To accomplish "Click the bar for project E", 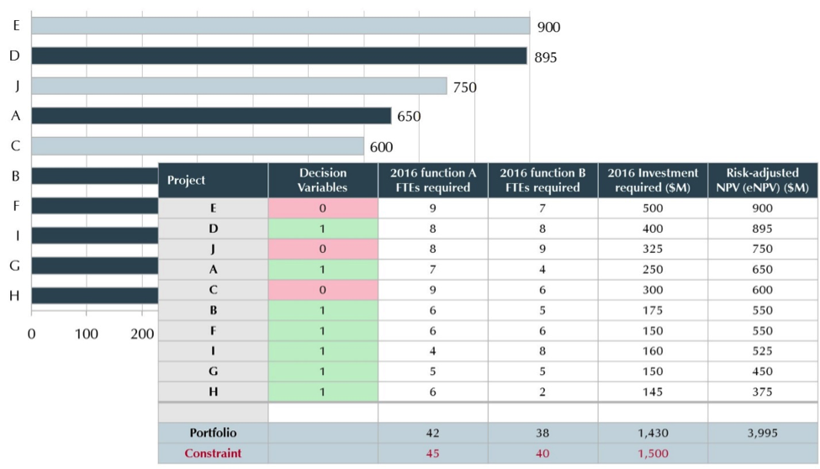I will click(x=280, y=26).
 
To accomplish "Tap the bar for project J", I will click(x=239, y=87).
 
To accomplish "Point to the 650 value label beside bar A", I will click(x=409, y=116).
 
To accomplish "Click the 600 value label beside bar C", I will click(x=381, y=147).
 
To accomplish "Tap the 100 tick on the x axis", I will click(x=87, y=334).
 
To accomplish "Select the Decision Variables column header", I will click(x=323, y=180).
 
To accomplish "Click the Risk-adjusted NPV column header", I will click(x=763, y=180).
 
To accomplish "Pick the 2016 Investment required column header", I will click(x=653, y=180).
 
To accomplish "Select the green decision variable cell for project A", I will click(x=323, y=270).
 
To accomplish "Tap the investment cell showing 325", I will click(x=653, y=250).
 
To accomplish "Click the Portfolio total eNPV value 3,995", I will click(x=763, y=433).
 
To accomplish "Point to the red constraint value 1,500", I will click(x=653, y=454).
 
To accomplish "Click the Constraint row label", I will click(x=213, y=454).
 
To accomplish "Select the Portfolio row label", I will click(x=213, y=433).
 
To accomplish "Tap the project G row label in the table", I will click(x=213, y=372).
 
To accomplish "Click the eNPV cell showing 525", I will click(x=763, y=351).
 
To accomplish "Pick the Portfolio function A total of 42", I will click(x=432, y=433).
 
